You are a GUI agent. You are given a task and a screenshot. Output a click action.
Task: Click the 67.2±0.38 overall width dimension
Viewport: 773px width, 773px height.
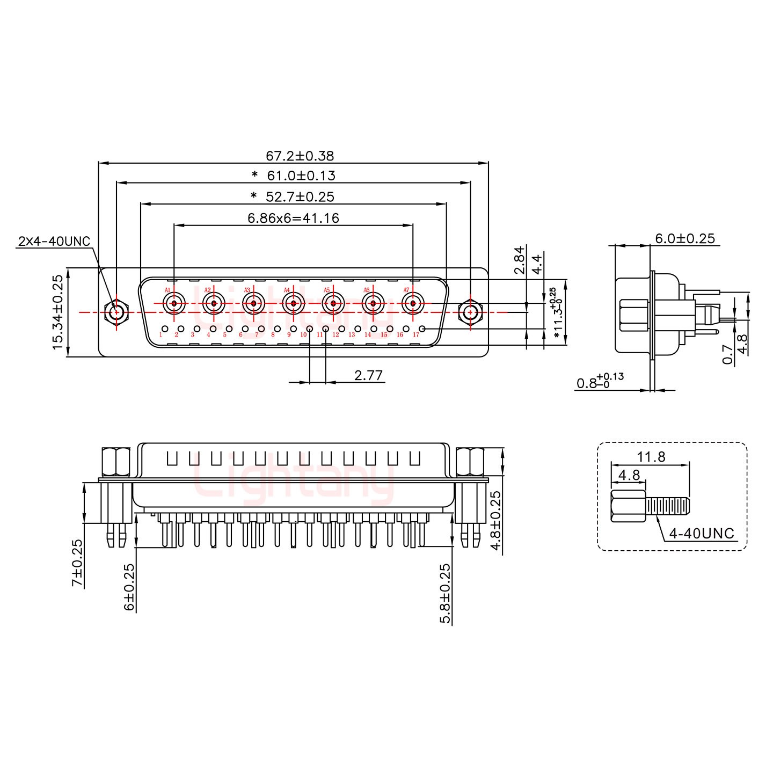tap(300, 156)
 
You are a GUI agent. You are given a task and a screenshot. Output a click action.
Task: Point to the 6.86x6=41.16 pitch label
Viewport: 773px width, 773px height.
tap(293, 218)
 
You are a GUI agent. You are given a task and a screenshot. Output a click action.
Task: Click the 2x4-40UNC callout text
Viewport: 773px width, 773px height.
tap(54, 241)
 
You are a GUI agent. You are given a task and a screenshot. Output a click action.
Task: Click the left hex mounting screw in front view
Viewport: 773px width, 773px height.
tap(116, 312)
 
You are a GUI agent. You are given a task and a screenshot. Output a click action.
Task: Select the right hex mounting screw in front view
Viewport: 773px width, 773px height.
tap(470, 312)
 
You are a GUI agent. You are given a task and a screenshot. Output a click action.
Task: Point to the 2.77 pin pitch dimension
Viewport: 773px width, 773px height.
tap(368, 375)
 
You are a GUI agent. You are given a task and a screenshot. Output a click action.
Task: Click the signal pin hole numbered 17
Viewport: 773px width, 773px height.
tap(422, 329)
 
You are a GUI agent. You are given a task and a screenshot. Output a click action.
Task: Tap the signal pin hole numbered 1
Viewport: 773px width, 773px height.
tap(165, 329)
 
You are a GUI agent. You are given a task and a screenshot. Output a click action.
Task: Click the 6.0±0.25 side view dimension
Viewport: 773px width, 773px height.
tap(685, 238)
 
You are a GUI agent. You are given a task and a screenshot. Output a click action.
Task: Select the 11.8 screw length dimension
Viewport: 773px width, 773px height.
tap(651, 457)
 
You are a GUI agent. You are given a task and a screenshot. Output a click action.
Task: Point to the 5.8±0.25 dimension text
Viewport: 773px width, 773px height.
tap(446, 593)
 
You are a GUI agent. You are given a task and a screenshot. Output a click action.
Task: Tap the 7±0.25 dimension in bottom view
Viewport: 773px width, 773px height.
tap(78, 563)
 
